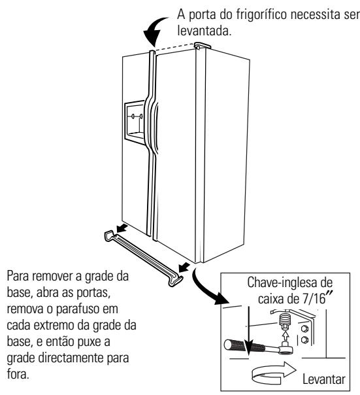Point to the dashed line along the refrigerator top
click(175, 46)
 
